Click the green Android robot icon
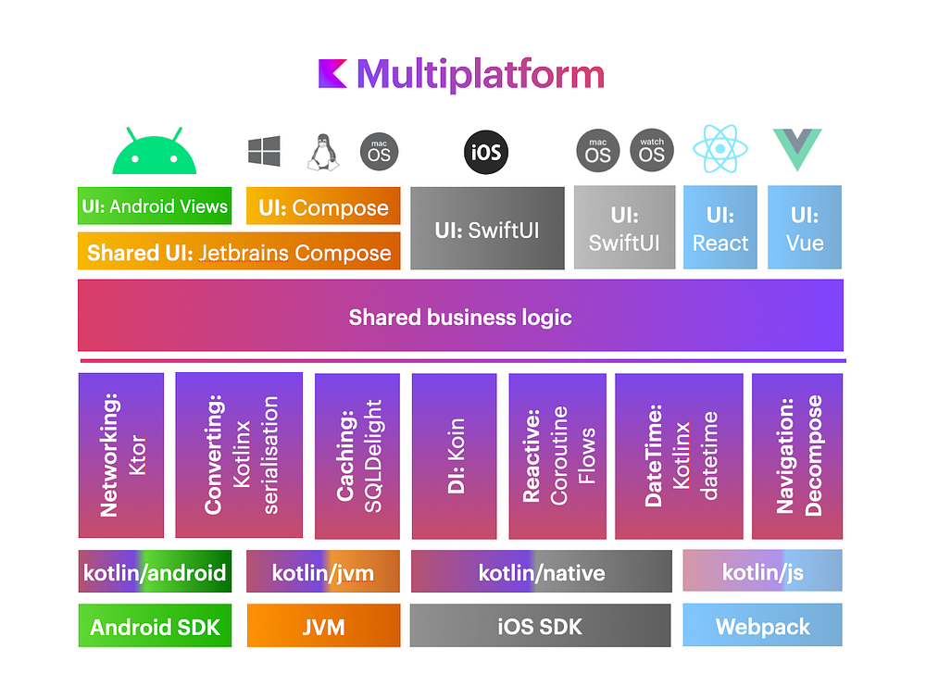155,152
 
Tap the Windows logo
264,151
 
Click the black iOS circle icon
486,152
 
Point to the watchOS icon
652,151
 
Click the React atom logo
720,150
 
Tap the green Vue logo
797,150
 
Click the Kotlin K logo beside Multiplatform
332,74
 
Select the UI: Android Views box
155,206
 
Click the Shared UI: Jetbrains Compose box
239,252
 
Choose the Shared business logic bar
460,317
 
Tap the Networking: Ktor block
121,456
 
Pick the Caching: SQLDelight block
357,456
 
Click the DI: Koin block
454,456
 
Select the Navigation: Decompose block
797,456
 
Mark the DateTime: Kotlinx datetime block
679,456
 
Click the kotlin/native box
541,572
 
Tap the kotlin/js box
762,571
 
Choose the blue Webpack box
762,626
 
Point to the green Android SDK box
155,626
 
